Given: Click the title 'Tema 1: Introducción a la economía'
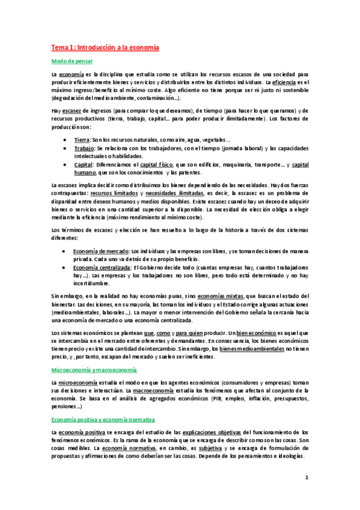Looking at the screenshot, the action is tap(105, 47).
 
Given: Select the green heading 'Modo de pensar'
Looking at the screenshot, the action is tap(72, 61).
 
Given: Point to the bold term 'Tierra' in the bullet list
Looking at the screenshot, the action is tap(82, 139).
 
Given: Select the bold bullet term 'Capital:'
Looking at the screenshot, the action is tap(85, 165).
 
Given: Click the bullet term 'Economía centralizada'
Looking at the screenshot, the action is tap(102, 267).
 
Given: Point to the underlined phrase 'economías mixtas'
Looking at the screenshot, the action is tap(222, 296).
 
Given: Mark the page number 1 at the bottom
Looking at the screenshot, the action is tap(306, 478).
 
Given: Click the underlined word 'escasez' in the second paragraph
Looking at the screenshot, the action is tap(72, 111).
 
